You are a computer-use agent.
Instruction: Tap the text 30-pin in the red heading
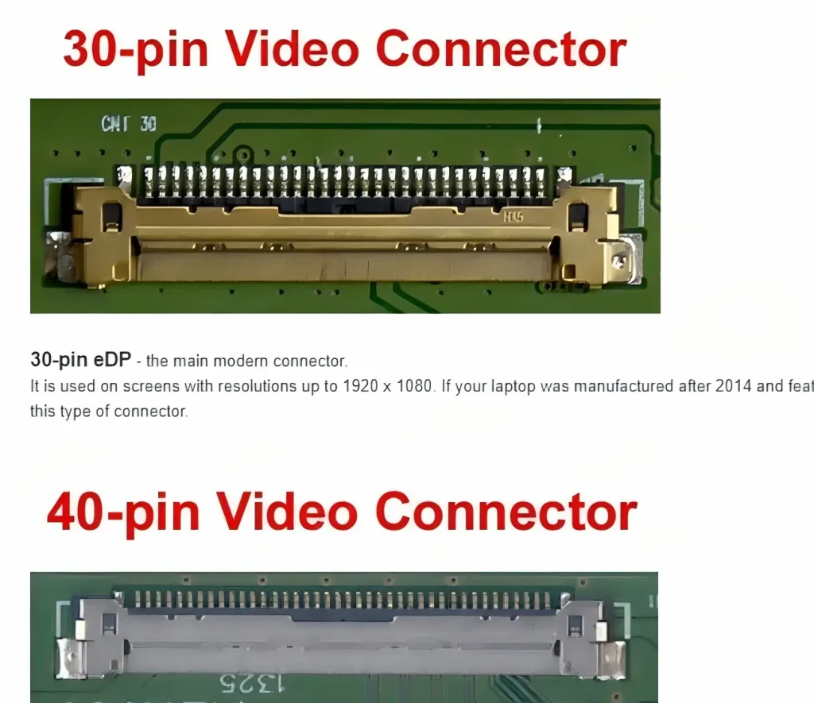tap(135, 49)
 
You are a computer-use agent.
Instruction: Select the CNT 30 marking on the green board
tap(129, 124)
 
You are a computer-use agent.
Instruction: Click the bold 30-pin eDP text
tap(80, 360)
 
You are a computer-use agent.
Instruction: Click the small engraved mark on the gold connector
tap(513, 215)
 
